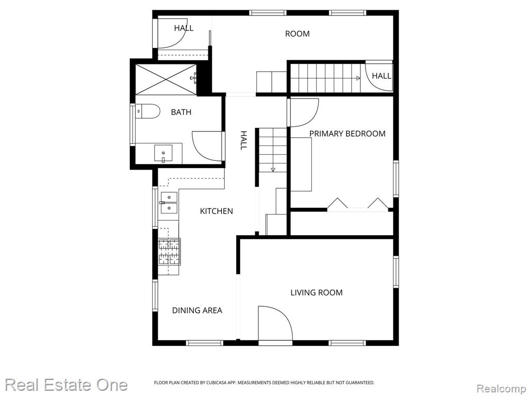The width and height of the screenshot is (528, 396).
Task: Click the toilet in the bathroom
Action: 147,111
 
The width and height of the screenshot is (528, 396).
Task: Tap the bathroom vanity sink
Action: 163,154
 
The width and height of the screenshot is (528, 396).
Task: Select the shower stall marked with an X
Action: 166,79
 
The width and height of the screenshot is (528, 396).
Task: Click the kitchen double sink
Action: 169,203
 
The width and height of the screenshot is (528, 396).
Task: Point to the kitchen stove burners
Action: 169,252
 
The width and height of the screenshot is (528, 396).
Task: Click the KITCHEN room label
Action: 217,211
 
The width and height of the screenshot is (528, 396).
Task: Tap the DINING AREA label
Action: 197,310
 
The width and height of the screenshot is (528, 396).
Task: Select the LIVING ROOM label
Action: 317,293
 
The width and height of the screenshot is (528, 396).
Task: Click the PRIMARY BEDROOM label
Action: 347,134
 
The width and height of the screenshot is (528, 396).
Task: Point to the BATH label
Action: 181,112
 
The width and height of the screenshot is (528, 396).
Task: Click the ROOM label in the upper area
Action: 298,34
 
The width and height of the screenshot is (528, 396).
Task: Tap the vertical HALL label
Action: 243,140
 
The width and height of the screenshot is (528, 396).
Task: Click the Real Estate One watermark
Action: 67,385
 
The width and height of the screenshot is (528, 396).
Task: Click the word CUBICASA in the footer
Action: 217,383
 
